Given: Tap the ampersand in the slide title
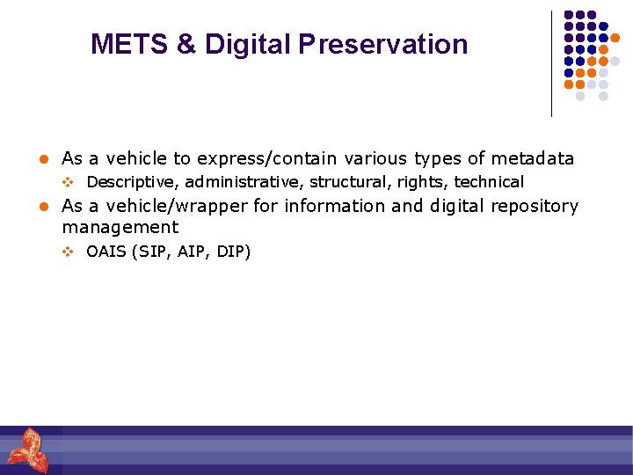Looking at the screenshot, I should tap(186, 44).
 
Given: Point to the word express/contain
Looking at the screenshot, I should tap(266, 159).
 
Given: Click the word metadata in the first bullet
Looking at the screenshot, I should tap(532, 159).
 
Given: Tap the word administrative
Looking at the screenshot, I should tap(244, 183).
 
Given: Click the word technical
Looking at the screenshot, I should tap(488, 183).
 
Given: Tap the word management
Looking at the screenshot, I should tap(120, 228).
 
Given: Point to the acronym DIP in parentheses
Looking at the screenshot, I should tap(230, 252).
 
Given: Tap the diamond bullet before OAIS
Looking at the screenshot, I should tap(67, 252).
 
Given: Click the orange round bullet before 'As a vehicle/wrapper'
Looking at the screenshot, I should tap(41, 207).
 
